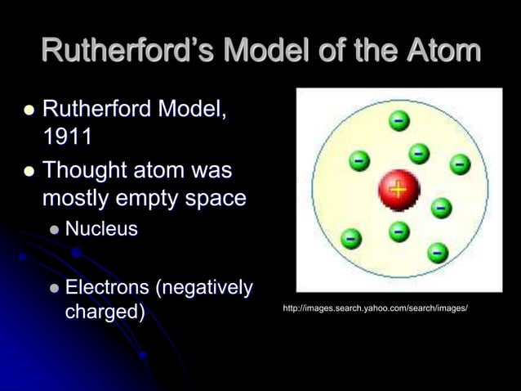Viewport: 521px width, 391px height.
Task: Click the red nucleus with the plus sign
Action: [x=398, y=191]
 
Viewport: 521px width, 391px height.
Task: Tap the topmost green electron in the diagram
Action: [x=399, y=122]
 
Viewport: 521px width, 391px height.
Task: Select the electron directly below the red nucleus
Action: [x=398, y=232]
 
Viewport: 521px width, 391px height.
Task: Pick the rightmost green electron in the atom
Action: [x=460, y=164]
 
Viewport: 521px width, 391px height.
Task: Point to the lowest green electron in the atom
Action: [x=437, y=252]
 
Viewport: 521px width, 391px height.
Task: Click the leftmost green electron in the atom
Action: [x=350, y=238]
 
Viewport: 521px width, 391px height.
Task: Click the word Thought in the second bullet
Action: [x=87, y=171]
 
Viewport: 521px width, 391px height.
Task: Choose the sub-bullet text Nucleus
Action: [x=101, y=228]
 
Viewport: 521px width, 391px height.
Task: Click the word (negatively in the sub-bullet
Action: [x=203, y=288]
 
